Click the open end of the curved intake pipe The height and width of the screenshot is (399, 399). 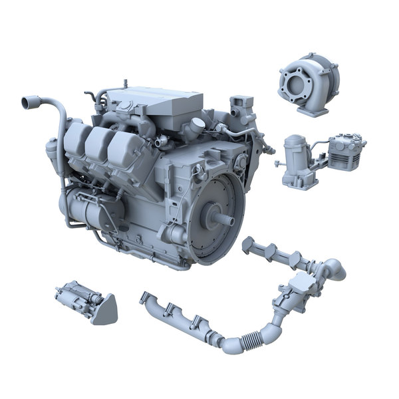click(29, 102)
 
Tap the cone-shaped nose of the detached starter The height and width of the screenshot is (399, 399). click(105, 310)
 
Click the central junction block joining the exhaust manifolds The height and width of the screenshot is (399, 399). click(293, 296)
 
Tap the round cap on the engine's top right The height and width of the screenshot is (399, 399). click(197, 125)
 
